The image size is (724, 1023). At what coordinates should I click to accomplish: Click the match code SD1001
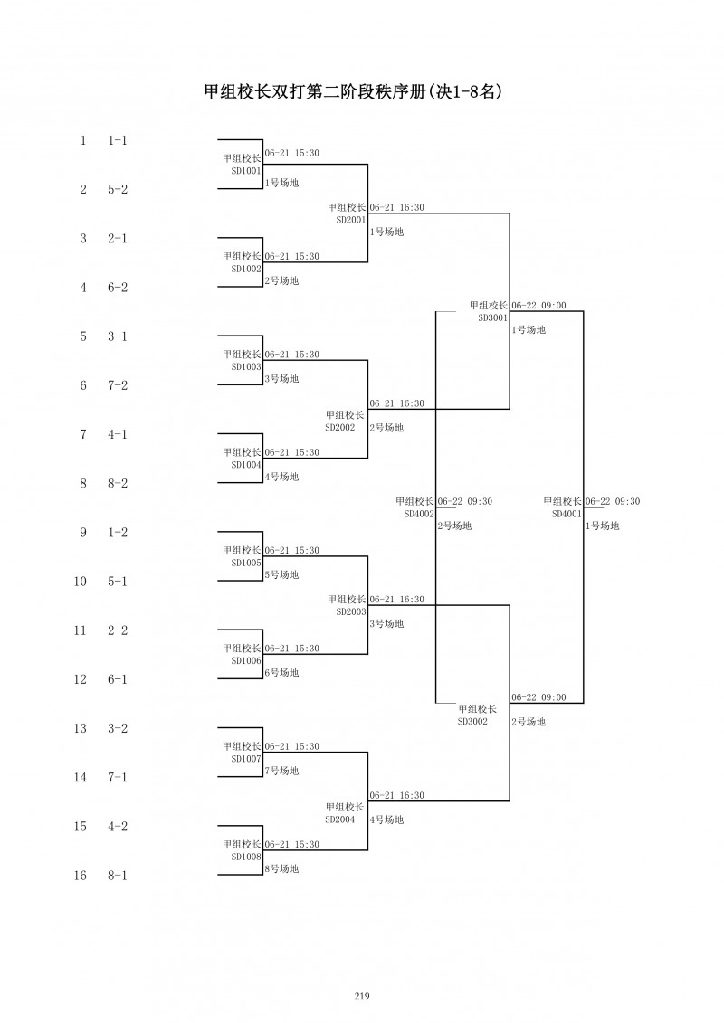(246, 170)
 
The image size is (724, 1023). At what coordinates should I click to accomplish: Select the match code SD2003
(351, 611)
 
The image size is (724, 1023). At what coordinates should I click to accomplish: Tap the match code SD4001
(567, 514)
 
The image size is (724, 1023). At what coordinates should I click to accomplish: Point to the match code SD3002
(473, 721)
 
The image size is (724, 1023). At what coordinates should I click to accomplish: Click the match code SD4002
(419, 514)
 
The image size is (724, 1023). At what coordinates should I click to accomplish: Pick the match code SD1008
(246, 857)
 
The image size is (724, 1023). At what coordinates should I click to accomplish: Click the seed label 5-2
(118, 190)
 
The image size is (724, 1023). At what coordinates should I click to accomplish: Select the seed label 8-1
(118, 876)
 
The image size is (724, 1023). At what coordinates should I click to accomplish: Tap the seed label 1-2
(118, 533)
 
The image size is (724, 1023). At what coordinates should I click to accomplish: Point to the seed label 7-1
(118, 778)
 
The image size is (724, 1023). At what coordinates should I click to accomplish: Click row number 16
(81, 876)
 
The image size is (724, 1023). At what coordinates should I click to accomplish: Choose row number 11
(81, 630)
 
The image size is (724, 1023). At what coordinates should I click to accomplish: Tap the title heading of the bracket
(353, 91)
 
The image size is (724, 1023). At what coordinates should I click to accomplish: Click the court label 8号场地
(281, 869)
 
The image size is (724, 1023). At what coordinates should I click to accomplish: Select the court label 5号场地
(281, 575)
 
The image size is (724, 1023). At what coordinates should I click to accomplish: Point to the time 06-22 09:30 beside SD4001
(613, 502)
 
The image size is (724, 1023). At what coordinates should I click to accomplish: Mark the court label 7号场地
(281, 771)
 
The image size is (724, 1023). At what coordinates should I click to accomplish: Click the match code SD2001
(351, 220)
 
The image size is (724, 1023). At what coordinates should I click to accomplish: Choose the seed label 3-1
(118, 336)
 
